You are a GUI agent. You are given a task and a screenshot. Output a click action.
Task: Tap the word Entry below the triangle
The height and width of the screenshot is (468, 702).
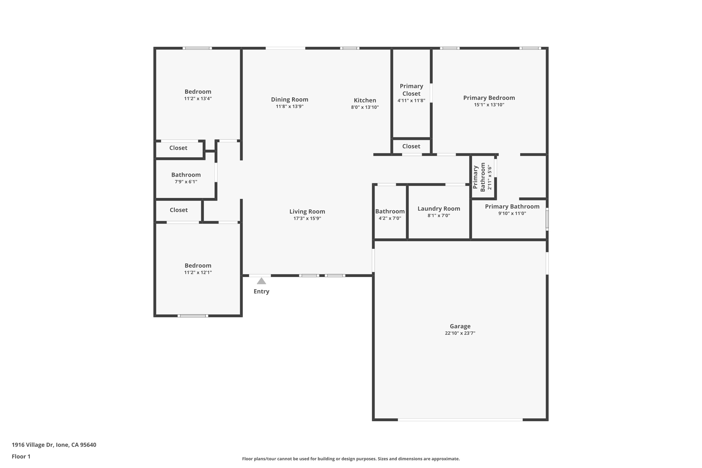point(261,291)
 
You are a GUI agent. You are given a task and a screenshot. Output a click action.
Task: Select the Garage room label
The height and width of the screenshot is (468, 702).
point(460,326)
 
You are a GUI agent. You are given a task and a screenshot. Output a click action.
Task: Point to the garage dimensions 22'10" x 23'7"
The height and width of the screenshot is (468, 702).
point(460,333)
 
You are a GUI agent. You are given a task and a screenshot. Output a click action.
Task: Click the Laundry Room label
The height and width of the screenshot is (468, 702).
point(439,209)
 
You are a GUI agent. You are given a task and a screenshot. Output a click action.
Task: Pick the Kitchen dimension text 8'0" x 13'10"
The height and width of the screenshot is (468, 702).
point(365,107)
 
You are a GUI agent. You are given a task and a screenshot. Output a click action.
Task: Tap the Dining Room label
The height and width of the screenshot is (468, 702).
point(289,99)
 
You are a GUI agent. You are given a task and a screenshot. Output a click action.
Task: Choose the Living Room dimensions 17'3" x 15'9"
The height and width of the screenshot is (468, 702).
point(307,218)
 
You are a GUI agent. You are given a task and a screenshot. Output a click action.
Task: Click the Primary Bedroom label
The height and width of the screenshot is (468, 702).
point(489,98)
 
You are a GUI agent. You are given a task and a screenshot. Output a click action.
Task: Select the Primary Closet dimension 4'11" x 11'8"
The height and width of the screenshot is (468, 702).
point(411,101)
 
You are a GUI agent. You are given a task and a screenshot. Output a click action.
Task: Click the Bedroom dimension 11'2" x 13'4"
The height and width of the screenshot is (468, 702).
point(198,99)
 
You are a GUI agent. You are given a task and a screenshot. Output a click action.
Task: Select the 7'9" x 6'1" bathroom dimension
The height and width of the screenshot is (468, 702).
point(186,182)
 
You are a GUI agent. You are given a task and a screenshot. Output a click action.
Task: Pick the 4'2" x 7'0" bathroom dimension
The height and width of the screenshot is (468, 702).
point(390,218)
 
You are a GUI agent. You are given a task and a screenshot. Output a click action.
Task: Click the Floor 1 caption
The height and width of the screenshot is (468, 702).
point(21,456)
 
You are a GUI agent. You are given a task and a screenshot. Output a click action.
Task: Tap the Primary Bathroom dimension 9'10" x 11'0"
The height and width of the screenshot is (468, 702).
point(512,213)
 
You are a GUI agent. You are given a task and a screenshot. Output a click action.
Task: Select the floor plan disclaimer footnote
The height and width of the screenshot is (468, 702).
point(351,459)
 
